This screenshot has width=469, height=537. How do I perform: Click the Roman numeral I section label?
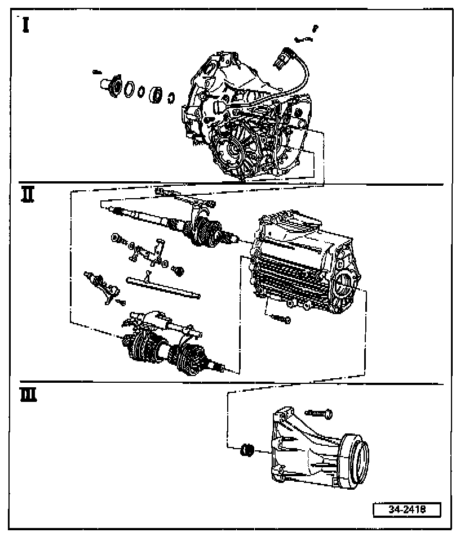[26, 25]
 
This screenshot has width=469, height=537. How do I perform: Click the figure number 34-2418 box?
[406, 509]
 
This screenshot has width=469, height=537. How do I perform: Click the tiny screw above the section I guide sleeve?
[96, 72]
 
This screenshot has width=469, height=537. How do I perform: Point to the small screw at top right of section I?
[315, 27]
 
